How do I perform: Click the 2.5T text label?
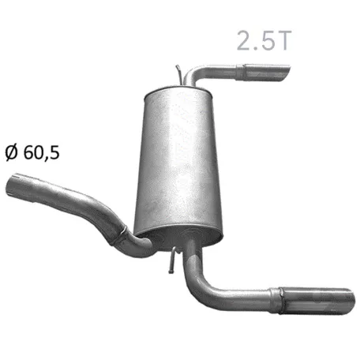click(264, 40)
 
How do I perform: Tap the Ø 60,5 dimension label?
click(32, 152)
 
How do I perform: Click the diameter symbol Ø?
click(12, 152)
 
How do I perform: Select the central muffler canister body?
click(178, 163)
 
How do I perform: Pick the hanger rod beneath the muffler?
click(173, 261)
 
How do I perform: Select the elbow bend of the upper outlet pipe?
click(193, 73)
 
